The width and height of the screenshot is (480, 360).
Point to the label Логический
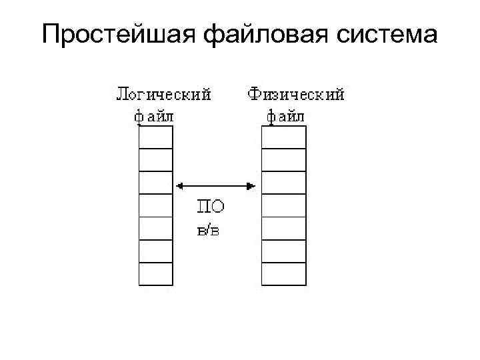(164, 94)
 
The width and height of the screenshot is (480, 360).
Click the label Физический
(296, 94)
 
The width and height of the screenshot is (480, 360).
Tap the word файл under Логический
(154, 116)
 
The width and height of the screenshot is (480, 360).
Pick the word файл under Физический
(285, 116)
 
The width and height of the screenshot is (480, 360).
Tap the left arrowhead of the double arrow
(178, 186)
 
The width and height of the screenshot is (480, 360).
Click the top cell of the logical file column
(155, 137)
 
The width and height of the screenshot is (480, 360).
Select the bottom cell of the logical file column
(155, 273)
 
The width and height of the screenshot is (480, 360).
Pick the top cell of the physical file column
(283, 137)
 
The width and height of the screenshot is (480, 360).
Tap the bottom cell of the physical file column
(283, 273)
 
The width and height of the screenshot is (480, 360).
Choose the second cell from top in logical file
(155, 159)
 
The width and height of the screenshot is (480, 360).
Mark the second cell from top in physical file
(283, 159)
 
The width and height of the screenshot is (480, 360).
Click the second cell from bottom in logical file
(155, 251)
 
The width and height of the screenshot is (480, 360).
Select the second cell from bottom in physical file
(283, 251)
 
